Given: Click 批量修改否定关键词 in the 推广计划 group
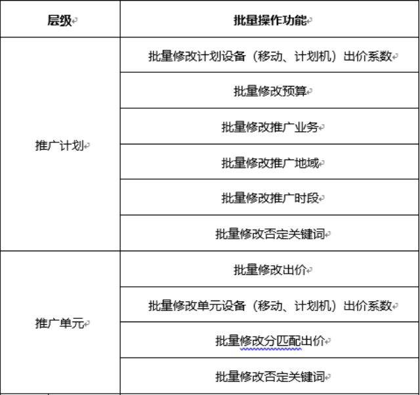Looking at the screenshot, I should (270, 234).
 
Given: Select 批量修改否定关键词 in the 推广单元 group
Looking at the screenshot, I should (270, 377).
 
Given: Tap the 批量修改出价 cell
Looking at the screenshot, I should (269, 270).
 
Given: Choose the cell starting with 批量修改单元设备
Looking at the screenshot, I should (269, 305).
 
